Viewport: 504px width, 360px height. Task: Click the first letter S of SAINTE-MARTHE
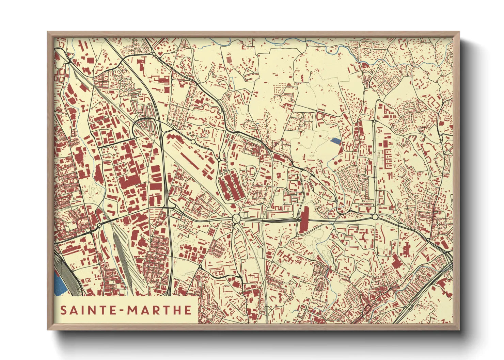(x=63, y=310)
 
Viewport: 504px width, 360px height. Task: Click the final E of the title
(x=187, y=310)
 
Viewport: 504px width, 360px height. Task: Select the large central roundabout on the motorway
(x=236, y=218)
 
